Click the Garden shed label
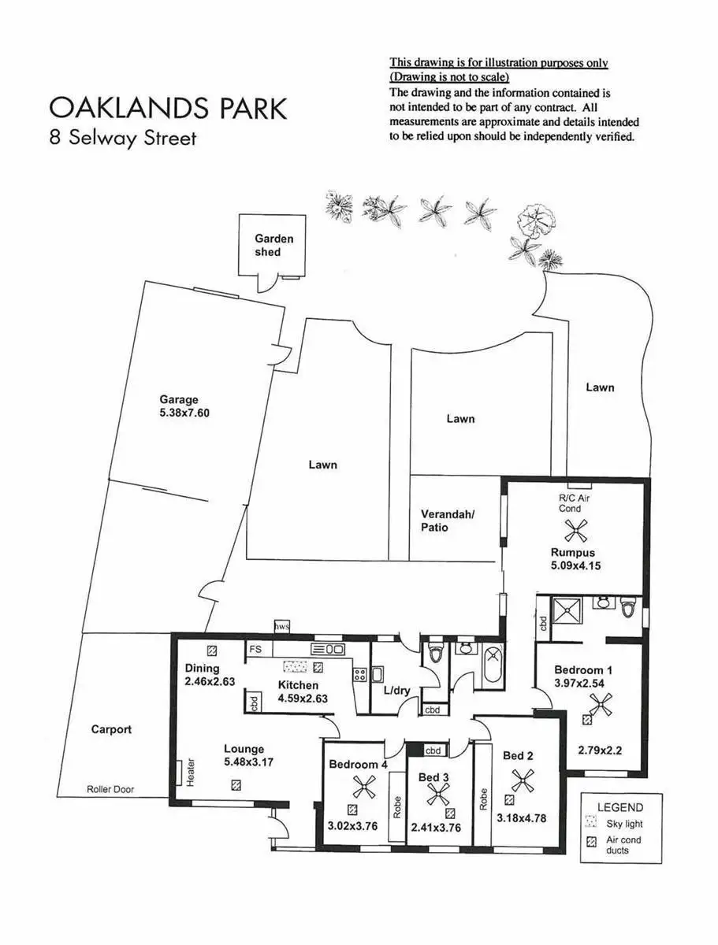(x=273, y=245)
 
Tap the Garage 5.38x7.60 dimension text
(x=185, y=412)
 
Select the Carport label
(x=111, y=729)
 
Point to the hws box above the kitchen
(x=281, y=626)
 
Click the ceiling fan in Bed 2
(x=522, y=781)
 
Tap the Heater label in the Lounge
(x=190, y=773)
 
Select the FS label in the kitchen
(x=255, y=650)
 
